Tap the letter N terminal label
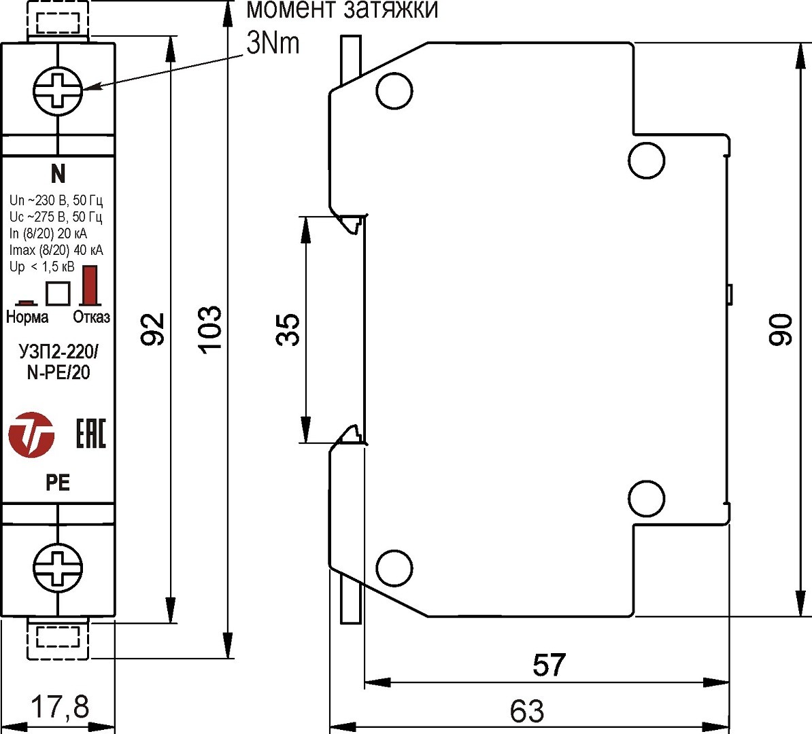pos(58,174)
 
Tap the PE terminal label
pos(58,483)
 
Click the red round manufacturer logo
pos(31,434)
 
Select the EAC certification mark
pos(90,434)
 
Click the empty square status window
pos(58,293)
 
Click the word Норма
pos(27,317)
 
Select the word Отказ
pos(91,317)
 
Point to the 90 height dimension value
pos(781,330)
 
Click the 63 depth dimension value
pos(527,712)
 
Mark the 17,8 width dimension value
pos(60,707)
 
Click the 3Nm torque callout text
pos(273,43)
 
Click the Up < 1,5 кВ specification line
pos(42,266)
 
